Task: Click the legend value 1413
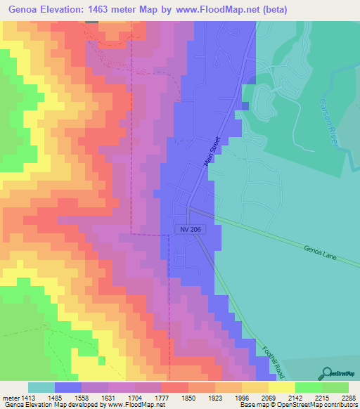click(29, 397)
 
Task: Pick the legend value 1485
click(56, 397)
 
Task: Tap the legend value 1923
click(216, 397)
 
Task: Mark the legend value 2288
click(349, 397)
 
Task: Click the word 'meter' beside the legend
click(10, 397)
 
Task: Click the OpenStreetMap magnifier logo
click(328, 373)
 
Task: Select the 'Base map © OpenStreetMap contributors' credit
click(298, 405)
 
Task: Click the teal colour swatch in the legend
click(41, 387)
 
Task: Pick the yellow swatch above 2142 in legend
click(282, 387)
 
